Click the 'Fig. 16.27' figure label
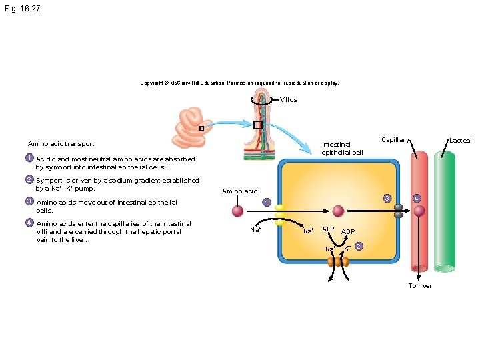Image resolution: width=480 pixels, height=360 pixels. tap(23, 9)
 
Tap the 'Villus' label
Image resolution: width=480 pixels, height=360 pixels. tap(289, 100)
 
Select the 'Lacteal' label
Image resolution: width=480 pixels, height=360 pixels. tap(461, 141)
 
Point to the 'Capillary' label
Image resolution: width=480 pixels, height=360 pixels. tap(395, 140)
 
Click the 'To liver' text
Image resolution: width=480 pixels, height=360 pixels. tap(420, 285)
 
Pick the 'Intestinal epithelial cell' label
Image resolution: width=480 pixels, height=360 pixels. tap(342, 149)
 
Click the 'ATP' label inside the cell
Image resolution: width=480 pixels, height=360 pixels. tap(328, 229)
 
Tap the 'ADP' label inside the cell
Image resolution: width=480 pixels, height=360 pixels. tap(348, 232)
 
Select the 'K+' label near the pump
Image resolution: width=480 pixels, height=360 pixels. tap(347, 248)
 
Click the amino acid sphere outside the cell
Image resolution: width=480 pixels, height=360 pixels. tap(237, 211)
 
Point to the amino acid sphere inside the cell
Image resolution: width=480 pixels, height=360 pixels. tap(338, 211)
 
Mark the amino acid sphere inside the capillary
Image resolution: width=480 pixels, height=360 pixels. tap(419, 211)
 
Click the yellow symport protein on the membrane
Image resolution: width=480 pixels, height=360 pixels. tap(280, 215)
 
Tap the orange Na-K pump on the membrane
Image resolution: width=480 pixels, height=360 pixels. tap(338, 262)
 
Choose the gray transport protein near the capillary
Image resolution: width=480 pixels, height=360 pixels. tap(399, 211)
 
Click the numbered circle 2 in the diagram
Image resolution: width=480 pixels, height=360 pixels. tap(359, 246)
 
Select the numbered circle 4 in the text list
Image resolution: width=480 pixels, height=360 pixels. tap(29, 223)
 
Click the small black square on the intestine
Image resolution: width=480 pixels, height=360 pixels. tap(201, 129)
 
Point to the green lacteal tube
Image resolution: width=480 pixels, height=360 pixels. tap(445, 212)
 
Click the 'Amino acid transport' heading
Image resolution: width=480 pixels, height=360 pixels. tap(61, 144)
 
